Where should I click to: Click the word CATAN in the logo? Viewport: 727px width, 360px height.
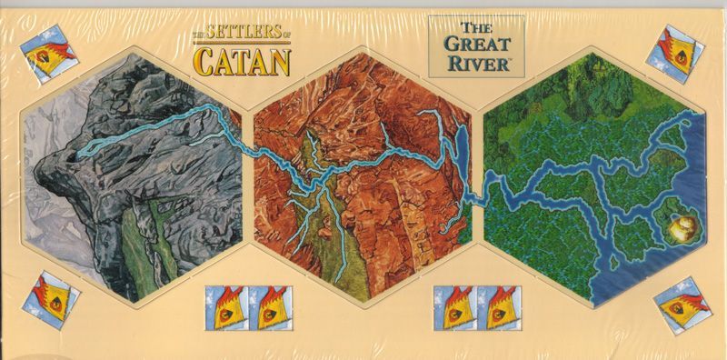coord(241,61)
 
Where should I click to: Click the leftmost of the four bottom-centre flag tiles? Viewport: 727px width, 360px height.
coord(226,307)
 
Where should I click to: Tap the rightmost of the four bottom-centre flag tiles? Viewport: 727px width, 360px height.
coord(497,307)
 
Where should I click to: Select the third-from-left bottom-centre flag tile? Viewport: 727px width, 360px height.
coord(455,307)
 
